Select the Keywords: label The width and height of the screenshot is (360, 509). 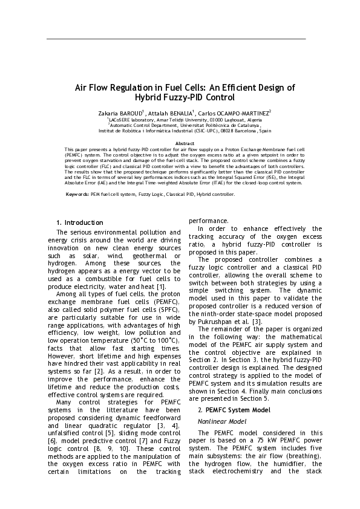tap(77, 195)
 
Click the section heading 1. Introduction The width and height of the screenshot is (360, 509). tap(79, 223)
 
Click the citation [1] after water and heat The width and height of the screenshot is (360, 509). tap(160, 287)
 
